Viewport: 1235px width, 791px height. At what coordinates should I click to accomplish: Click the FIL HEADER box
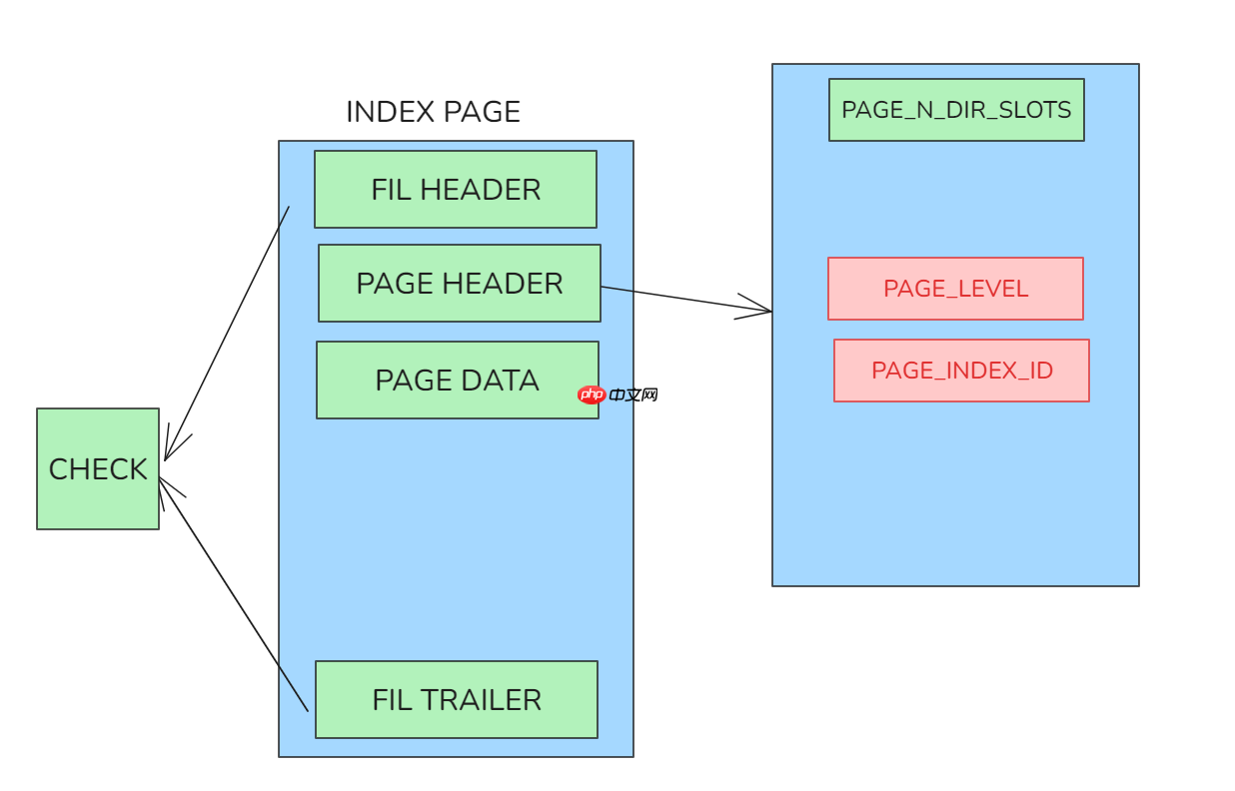pyautogui.click(x=455, y=190)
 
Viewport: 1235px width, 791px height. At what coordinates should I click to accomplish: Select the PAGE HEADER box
pyautogui.click(x=459, y=284)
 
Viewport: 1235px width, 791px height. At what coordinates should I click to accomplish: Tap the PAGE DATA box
pyautogui.click(x=457, y=381)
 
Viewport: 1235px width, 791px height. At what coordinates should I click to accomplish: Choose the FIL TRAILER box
pyautogui.click(x=456, y=699)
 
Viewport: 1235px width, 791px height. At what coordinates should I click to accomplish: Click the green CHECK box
pyautogui.click(x=98, y=468)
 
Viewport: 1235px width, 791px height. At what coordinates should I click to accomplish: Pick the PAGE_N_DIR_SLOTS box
pyautogui.click(x=955, y=110)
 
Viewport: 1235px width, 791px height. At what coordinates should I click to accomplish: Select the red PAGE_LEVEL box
pyautogui.click(x=954, y=289)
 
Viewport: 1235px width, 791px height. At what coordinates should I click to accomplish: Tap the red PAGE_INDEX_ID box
pyautogui.click(x=960, y=371)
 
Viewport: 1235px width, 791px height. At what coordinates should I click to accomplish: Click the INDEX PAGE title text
pyautogui.click(x=433, y=112)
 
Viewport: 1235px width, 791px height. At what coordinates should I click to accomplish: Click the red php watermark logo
pyautogui.click(x=592, y=395)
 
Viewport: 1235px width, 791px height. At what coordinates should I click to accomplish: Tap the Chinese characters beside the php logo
pyautogui.click(x=633, y=395)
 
